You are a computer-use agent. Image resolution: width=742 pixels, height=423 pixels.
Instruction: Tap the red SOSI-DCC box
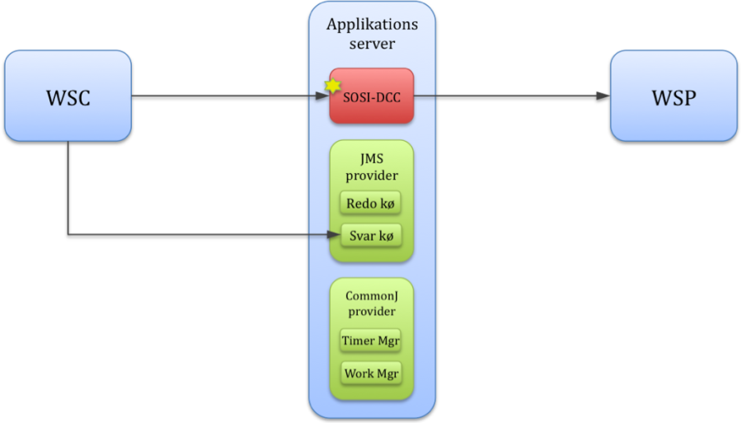(x=372, y=96)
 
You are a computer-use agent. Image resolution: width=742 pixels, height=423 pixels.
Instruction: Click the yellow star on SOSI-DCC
(x=333, y=85)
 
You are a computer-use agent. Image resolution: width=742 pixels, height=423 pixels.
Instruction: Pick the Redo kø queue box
(x=371, y=203)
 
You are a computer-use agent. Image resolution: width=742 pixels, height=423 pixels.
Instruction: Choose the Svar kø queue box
(x=371, y=236)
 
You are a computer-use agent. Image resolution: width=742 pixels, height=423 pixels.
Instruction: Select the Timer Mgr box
(x=371, y=340)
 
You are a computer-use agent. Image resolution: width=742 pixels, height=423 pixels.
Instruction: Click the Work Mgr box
(x=371, y=373)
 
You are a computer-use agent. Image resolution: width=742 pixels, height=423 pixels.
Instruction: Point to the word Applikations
(x=372, y=25)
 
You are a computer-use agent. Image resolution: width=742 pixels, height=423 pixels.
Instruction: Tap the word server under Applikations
(x=372, y=44)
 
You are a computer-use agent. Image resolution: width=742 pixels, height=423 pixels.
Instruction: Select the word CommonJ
(x=372, y=295)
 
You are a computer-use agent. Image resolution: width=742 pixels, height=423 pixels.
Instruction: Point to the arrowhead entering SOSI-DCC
(x=324, y=96)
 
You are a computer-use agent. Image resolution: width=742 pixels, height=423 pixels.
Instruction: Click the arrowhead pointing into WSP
(x=604, y=96)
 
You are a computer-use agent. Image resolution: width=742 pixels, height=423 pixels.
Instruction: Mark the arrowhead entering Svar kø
(x=335, y=235)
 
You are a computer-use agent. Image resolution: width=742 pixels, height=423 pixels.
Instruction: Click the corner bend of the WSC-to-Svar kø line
(x=68, y=235)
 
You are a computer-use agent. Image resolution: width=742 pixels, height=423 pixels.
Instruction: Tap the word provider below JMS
(x=372, y=176)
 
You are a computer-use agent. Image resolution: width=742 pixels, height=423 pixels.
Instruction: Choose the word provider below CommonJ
(x=372, y=312)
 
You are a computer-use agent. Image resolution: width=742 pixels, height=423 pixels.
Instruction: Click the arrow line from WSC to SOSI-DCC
(x=223, y=96)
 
